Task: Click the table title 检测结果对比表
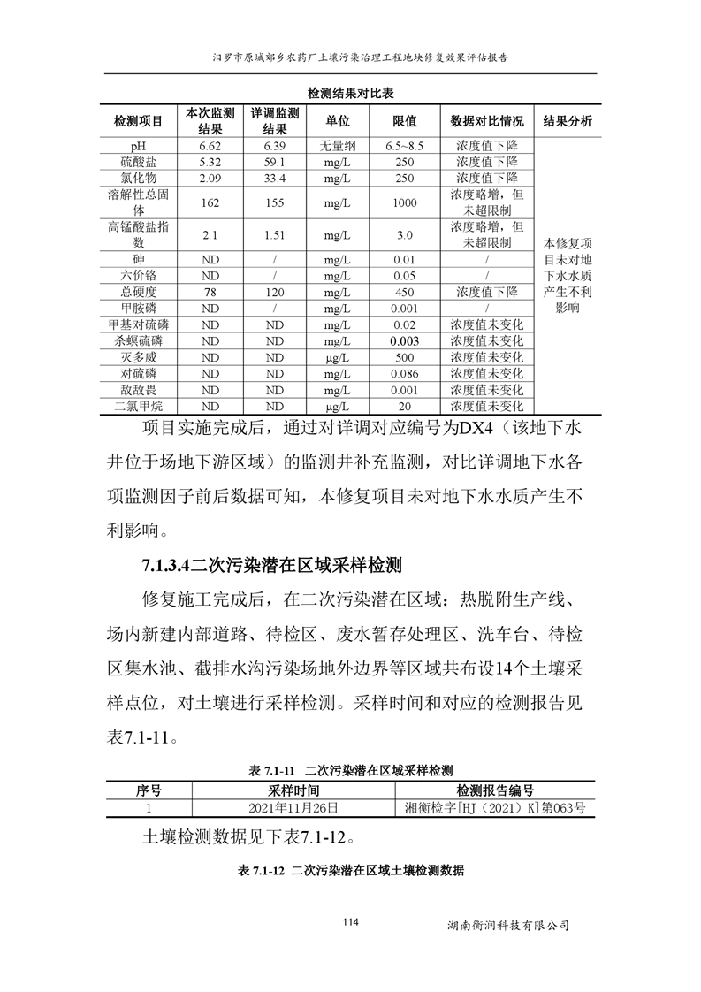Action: [x=350, y=93]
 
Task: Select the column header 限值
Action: [x=405, y=121]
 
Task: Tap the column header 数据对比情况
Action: [x=487, y=121]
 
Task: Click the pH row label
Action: [x=137, y=146]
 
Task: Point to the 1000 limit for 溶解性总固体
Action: [x=405, y=202]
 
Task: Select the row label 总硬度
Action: [x=137, y=292]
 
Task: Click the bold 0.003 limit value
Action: [x=405, y=340]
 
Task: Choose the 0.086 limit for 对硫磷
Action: [x=405, y=373]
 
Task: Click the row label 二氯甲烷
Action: [x=137, y=406]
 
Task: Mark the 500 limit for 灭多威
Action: [x=405, y=357]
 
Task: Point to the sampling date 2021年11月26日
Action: [x=293, y=807]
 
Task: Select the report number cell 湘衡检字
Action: [x=494, y=807]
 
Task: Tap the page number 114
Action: [x=350, y=923]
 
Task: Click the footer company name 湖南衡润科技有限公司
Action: [x=508, y=926]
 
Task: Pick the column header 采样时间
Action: [x=293, y=790]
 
